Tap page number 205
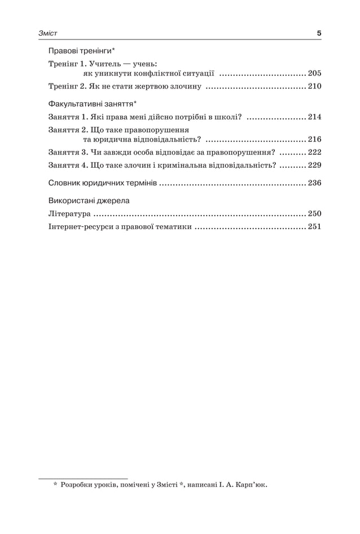[314, 74]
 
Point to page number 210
[314, 87]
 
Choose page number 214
[314, 117]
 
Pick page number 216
[314, 139]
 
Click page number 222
[314, 152]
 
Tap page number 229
[314, 165]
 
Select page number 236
[314, 183]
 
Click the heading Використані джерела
[89, 200]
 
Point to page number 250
[314, 214]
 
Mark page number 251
[314, 227]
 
